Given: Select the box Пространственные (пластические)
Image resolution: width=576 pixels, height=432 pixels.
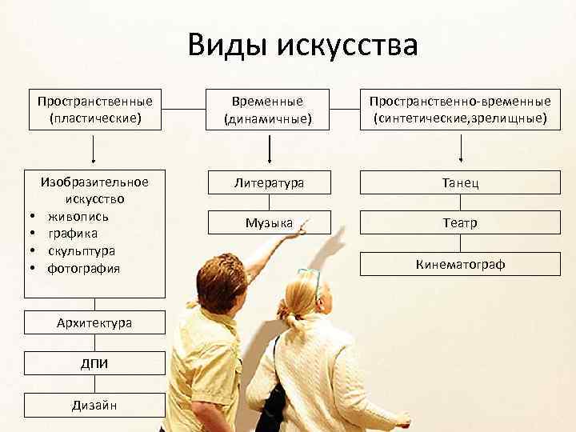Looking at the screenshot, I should pyautogui.click(x=94, y=110).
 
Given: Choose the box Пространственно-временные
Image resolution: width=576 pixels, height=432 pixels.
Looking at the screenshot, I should pyautogui.click(x=460, y=110).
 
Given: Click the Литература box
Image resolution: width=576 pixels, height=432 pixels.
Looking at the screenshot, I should pyautogui.click(x=269, y=182).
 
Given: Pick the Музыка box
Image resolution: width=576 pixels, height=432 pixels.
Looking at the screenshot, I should pyautogui.click(x=269, y=222).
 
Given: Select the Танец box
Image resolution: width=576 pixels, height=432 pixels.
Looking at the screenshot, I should pyautogui.click(x=460, y=182).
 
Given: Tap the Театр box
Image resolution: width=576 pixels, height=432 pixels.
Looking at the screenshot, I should pyautogui.click(x=460, y=223).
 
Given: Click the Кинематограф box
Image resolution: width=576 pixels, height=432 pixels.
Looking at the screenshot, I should pyautogui.click(x=460, y=263).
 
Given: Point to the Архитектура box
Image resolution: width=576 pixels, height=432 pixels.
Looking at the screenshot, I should pyautogui.click(x=94, y=322).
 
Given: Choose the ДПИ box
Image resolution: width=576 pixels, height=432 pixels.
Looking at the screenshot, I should pyautogui.click(x=94, y=363).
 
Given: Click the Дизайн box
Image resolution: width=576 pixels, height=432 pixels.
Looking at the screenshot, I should pyautogui.click(x=94, y=405).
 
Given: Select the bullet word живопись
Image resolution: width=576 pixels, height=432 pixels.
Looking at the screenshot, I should pyautogui.click(x=78, y=216).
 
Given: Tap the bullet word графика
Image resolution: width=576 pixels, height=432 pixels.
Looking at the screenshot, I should pyautogui.click(x=73, y=234).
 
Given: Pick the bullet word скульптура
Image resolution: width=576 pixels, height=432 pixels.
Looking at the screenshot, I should pyautogui.click(x=81, y=250).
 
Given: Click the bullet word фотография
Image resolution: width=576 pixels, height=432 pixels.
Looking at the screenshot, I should pyautogui.click(x=83, y=268).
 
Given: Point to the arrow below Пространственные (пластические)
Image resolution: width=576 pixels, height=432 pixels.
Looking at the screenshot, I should pyautogui.click(x=94, y=149).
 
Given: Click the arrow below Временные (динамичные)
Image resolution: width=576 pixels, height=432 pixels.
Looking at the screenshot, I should pyautogui.click(x=269, y=149).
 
